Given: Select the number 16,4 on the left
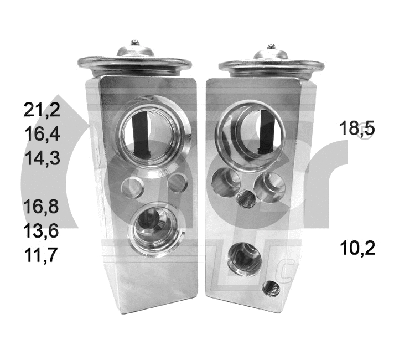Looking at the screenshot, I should (x=42, y=135).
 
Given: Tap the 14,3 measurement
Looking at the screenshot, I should (x=42, y=158).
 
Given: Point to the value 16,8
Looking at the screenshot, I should (x=42, y=207).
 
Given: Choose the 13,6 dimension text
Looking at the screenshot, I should (x=42, y=231).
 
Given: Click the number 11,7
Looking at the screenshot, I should (x=42, y=255).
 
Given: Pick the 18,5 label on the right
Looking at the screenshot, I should (x=357, y=128).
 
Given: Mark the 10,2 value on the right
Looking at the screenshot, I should (x=357, y=248).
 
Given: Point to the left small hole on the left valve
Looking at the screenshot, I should (x=132, y=186).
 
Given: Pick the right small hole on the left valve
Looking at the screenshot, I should (x=177, y=182).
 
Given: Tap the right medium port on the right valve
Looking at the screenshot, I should (x=270, y=187).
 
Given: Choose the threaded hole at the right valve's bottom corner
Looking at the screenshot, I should (x=271, y=288).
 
